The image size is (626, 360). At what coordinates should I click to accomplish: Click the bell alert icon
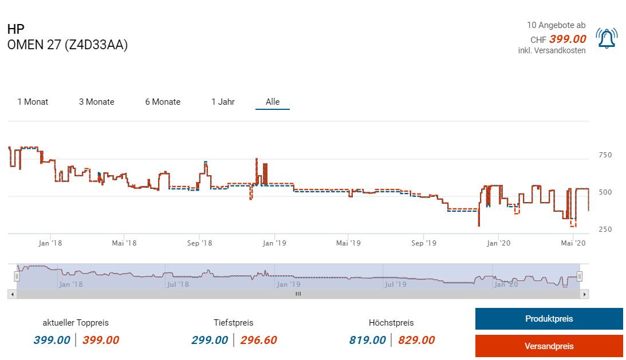pos(605,38)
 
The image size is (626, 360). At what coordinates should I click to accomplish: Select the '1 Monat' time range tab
pos(33,102)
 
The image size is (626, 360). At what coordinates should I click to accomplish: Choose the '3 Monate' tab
pos(96,102)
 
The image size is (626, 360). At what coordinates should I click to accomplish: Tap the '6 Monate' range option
pos(163,102)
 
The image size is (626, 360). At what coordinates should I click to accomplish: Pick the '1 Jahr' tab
pos(223,102)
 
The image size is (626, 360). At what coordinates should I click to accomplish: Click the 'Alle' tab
pos(273,102)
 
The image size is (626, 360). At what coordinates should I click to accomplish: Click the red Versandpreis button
pos(549,346)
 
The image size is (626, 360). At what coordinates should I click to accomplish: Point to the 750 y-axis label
pos(605,155)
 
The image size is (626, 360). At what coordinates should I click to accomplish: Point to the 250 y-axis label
pos(605,230)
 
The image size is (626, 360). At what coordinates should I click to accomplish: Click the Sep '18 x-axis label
pos(199,243)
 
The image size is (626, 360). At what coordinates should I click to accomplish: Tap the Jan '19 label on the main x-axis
pos(274,243)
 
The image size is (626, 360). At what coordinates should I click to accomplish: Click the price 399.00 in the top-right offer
pos(567,39)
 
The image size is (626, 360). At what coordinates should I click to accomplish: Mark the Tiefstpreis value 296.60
pos(258,341)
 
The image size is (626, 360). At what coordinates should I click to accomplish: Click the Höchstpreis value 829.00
pos(416,341)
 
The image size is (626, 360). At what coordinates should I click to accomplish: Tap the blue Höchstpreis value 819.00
pos(368,341)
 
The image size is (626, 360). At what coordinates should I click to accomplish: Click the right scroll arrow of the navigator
pos(584,294)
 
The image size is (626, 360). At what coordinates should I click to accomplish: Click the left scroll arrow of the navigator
pos(11,294)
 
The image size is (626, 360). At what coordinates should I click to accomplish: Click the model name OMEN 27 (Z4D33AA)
pos(68,45)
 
